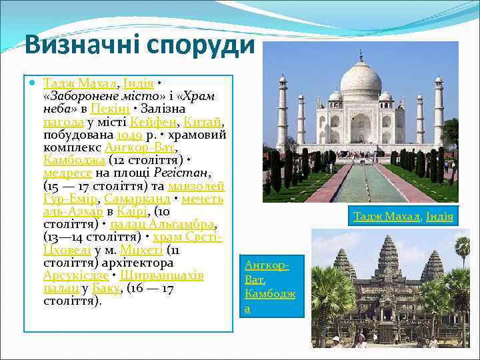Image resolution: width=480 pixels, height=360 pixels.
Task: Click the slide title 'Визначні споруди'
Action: pos(139,45)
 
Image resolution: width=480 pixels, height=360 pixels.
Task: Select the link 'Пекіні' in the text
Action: pos(105,109)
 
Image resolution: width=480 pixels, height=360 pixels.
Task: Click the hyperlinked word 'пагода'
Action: pos(63,121)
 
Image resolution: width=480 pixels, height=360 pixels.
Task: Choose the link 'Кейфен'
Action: pos(155,121)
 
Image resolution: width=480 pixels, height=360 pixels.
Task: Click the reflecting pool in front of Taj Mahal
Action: pos(361,183)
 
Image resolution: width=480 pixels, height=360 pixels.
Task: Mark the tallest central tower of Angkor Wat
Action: pos(387,253)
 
